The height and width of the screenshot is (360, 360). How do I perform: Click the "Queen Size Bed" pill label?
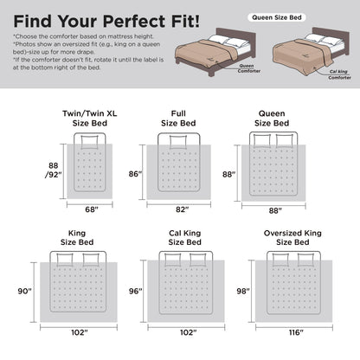(x=277, y=17)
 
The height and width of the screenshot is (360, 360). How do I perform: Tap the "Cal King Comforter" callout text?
(x=339, y=74)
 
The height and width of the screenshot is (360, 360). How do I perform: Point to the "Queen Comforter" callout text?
(x=249, y=68)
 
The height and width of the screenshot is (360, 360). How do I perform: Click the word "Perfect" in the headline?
(x=133, y=21)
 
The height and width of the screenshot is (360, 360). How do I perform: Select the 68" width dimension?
(x=92, y=209)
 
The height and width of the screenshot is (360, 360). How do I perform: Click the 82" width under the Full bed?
(x=183, y=209)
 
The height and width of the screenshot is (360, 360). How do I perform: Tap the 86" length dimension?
(x=136, y=174)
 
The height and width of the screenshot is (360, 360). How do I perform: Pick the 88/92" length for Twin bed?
(x=54, y=170)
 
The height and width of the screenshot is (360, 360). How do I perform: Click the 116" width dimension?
(x=296, y=332)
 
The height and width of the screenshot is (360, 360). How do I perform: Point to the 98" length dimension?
(x=243, y=291)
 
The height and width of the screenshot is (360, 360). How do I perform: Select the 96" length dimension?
(x=136, y=291)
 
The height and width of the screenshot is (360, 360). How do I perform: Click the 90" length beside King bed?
(x=25, y=291)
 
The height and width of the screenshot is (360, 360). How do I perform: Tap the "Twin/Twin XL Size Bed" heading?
(x=90, y=119)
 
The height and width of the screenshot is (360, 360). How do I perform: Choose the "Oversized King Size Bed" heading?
(x=292, y=238)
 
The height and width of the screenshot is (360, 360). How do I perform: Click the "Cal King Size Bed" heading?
(x=185, y=238)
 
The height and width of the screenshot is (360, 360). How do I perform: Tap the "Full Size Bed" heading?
(x=178, y=119)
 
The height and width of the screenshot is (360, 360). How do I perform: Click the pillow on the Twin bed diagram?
(x=89, y=142)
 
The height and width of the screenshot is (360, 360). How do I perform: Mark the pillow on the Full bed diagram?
(x=178, y=142)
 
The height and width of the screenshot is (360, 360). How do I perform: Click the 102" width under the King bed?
(x=80, y=332)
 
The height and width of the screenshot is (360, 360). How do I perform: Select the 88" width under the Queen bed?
(x=275, y=210)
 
